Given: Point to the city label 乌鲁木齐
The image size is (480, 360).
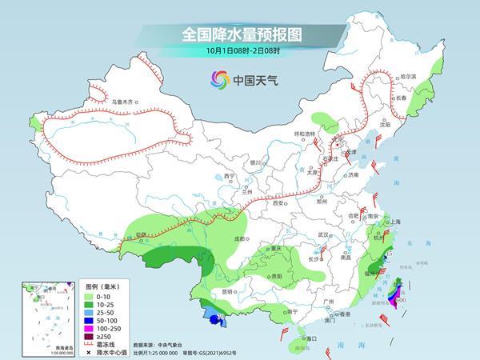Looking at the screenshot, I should pyautogui.click(x=126, y=102).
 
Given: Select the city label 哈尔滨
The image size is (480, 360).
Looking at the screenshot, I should pyautogui.click(x=409, y=75).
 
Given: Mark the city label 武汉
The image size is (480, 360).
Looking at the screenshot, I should pyautogui.click(x=324, y=234).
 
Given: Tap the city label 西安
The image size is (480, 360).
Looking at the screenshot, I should pyautogui.click(x=278, y=203).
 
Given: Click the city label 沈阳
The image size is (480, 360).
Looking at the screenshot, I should pyautogui.click(x=388, y=125).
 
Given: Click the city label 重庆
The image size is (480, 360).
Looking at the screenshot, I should pyautogui.click(x=278, y=249).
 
